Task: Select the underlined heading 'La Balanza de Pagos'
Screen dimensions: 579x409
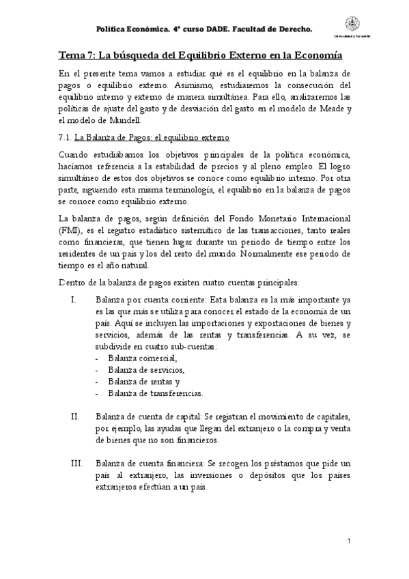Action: coord(113,137)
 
